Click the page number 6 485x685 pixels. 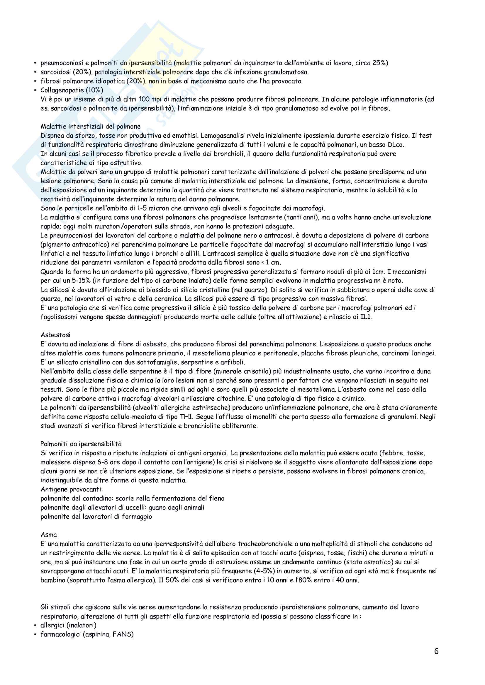(x=436, y=659)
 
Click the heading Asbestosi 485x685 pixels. (x=55, y=335)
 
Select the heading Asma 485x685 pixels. (x=49, y=535)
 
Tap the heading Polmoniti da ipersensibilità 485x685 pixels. (x=81, y=444)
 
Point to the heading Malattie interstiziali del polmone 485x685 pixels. (x=91, y=127)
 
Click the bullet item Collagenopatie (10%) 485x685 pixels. (x=72, y=90)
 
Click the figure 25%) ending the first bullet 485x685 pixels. (x=380, y=63)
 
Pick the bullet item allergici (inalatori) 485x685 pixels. (x=68, y=625)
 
